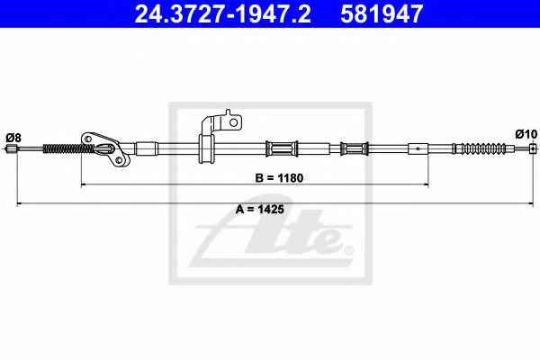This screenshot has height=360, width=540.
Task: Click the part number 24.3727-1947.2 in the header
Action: pyautogui.click(x=222, y=13)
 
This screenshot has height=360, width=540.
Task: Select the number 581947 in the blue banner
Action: pyautogui.click(x=382, y=13)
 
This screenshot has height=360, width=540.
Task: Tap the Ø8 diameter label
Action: pyautogui.click(x=13, y=138)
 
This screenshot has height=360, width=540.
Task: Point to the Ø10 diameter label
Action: pyautogui.click(x=526, y=134)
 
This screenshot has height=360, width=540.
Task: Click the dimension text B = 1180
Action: pyautogui.click(x=279, y=178)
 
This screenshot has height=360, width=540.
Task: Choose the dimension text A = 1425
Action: pyautogui.click(x=260, y=209)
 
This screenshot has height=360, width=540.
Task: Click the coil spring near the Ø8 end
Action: pyautogui.click(x=67, y=148)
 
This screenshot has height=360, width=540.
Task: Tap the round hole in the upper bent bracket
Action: pyautogui.click(x=233, y=122)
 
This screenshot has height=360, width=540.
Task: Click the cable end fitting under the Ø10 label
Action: pyautogui.click(x=533, y=148)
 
